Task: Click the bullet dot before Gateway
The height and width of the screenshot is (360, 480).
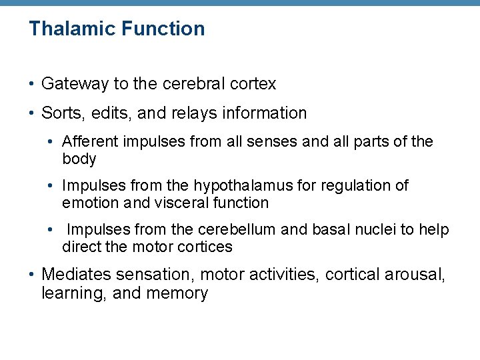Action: [32, 84]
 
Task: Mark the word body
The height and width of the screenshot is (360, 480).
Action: [79, 159]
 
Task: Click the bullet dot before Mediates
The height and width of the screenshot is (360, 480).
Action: [32, 274]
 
